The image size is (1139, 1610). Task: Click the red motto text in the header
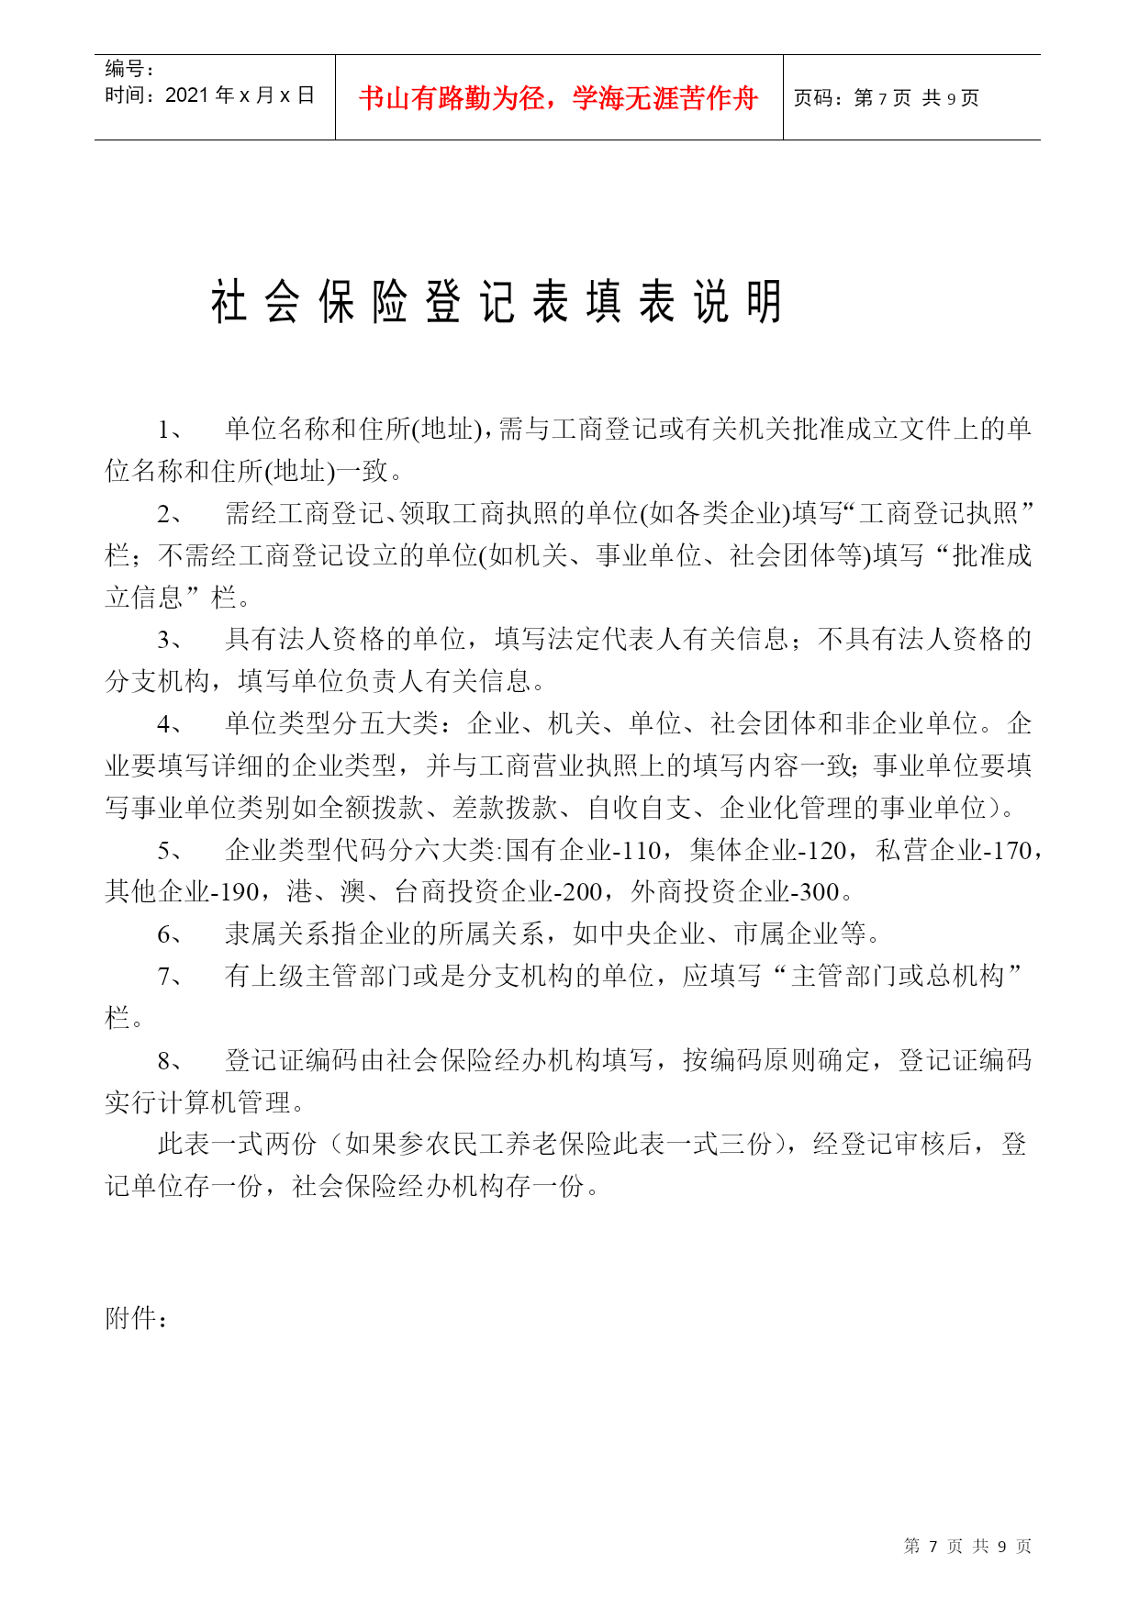[x=558, y=98]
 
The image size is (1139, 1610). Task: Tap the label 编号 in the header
[x=125, y=69]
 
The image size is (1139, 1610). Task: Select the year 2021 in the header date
[x=187, y=95]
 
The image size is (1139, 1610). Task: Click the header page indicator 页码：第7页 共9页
[x=886, y=98]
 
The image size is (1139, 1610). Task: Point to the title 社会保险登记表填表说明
[x=497, y=302]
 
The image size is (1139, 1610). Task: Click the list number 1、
[x=171, y=429]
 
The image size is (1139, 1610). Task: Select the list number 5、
[x=171, y=850]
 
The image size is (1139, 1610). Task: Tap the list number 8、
[x=171, y=1061]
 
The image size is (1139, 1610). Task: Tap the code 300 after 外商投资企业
[x=819, y=892]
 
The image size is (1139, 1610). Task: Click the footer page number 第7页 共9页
[x=967, y=1547]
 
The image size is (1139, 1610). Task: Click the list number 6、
[x=171, y=934]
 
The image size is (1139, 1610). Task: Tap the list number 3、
[x=171, y=640]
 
